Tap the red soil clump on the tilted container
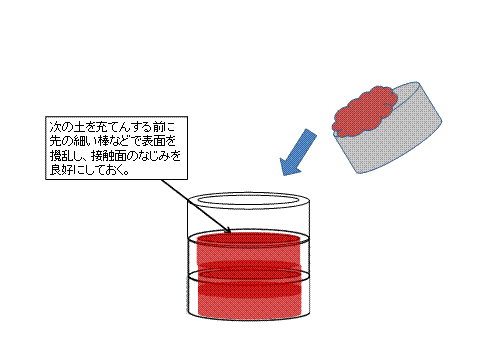click(363, 111)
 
